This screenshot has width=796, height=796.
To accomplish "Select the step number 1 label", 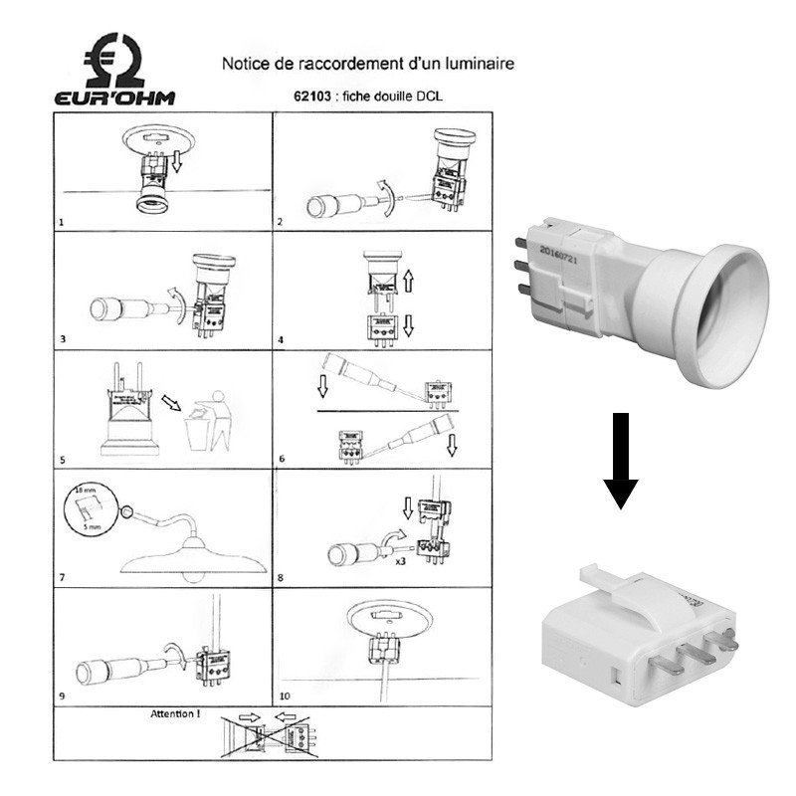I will pyautogui.click(x=62, y=221).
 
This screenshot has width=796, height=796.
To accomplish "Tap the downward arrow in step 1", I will pyautogui.click(x=176, y=159).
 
